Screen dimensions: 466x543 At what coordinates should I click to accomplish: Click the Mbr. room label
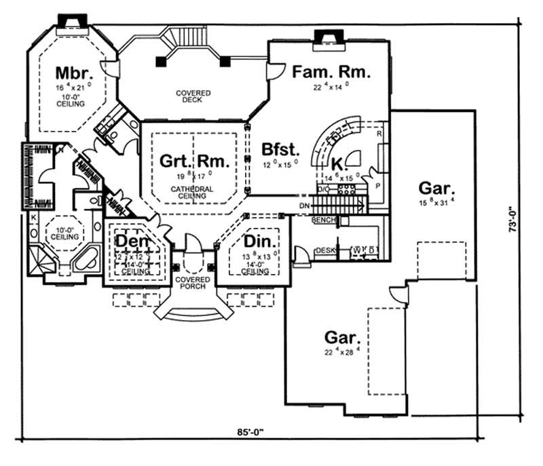pos(71,72)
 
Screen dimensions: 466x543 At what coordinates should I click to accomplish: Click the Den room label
pos(131,241)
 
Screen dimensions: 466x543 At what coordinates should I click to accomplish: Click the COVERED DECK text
pos(194,96)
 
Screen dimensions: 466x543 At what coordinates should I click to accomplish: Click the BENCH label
pos(324,221)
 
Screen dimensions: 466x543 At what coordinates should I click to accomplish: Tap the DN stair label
pos(303,206)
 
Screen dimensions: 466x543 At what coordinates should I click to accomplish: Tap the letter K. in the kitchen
pos(338,163)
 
